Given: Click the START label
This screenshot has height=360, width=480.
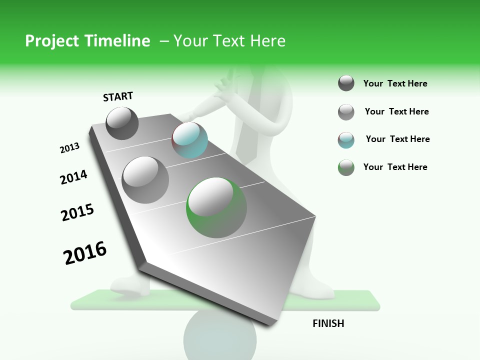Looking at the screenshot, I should [x=118, y=96].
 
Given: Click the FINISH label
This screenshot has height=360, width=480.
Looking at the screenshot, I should [x=328, y=323].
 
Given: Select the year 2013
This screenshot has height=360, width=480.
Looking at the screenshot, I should [x=69, y=148].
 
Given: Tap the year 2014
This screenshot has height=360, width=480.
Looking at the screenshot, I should [x=73, y=177].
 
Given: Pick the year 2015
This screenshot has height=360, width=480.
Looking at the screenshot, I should [x=77, y=212].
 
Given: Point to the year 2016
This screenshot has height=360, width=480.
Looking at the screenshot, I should [x=85, y=253].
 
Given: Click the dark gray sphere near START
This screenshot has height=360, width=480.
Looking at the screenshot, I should [x=122, y=123].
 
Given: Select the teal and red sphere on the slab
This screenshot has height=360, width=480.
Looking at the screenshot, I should [x=189, y=140].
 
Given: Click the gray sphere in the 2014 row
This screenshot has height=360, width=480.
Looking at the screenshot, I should [x=145, y=179].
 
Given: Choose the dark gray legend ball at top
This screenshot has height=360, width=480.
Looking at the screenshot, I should [x=346, y=83].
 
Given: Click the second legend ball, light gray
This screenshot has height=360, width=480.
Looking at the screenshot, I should [x=346, y=112].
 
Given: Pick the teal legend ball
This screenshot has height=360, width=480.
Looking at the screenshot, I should [x=346, y=140].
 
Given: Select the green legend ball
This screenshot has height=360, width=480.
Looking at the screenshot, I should [x=346, y=167].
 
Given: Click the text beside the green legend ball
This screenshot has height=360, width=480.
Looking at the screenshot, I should [x=395, y=167].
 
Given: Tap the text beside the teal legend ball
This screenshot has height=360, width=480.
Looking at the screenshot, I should [x=397, y=139].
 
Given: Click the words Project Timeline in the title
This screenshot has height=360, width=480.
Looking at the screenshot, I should [x=87, y=41].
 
